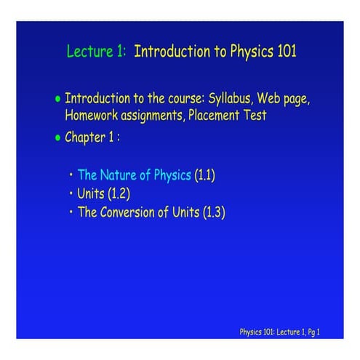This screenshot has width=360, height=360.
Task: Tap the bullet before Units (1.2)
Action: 72,194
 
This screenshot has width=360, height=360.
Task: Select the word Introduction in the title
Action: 172,52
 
